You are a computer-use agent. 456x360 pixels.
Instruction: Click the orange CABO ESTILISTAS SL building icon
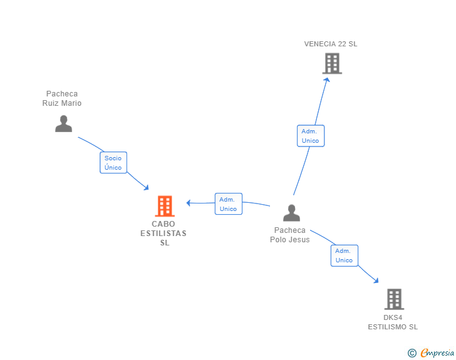click(x=164, y=206)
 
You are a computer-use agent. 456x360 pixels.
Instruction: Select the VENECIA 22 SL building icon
click(x=332, y=63)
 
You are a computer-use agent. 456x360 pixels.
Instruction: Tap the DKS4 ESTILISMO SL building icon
click(x=393, y=299)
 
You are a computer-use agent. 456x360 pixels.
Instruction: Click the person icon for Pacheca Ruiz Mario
click(x=63, y=123)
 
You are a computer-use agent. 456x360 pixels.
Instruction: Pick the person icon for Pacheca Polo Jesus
click(x=291, y=213)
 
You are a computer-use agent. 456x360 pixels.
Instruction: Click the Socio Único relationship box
click(x=113, y=163)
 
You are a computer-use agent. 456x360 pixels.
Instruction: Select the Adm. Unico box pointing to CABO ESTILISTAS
click(x=228, y=204)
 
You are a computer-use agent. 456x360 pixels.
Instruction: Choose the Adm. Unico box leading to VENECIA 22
click(x=310, y=136)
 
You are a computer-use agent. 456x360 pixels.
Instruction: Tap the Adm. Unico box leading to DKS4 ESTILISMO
click(x=344, y=255)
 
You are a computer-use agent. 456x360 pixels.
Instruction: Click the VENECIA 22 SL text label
click(x=331, y=44)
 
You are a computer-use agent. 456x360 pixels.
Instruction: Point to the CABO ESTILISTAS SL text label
click(x=163, y=233)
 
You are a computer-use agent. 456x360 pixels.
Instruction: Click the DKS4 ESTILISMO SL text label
click(x=393, y=322)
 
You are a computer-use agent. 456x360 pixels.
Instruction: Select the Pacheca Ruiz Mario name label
click(x=62, y=98)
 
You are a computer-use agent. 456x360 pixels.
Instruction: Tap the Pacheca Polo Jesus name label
click(x=290, y=235)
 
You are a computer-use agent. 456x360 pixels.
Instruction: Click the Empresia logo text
click(x=438, y=353)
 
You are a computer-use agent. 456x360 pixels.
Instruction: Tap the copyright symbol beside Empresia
click(x=412, y=354)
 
